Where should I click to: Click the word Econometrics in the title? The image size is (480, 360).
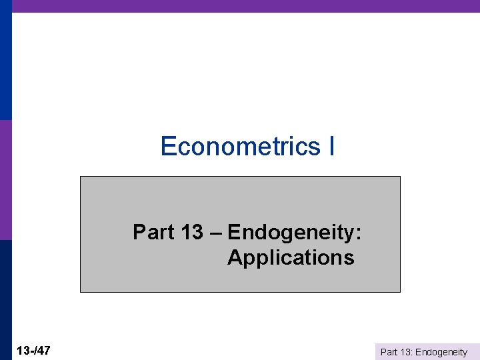[x=240, y=146]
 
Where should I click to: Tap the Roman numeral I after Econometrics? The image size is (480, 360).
[x=331, y=146]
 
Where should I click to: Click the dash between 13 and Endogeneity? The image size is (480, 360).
[x=216, y=233]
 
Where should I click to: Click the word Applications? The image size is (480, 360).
[x=291, y=257]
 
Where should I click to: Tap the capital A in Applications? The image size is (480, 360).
[x=235, y=257]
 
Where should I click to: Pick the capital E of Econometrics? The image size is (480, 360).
[x=168, y=146]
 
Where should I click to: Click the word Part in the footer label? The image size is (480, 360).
[x=389, y=352]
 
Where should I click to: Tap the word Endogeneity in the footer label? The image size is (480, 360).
[x=441, y=352]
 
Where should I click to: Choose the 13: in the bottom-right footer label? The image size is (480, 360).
[x=406, y=352]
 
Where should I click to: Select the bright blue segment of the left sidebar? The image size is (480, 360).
[x=6, y=60]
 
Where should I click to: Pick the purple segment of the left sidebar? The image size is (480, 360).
[x=6, y=180]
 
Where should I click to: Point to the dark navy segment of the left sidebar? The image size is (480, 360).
[x=6, y=300]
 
